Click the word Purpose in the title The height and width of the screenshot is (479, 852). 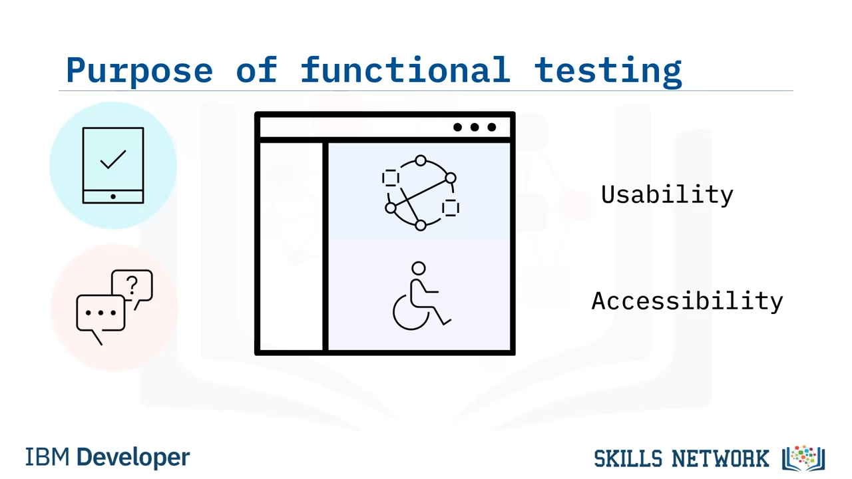coord(139,71)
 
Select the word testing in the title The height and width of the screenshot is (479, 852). coord(608,71)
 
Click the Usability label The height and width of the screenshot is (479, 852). coord(667,196)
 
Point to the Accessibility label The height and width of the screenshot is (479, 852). coord(688,301)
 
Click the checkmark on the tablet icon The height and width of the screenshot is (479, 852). coord(113,159)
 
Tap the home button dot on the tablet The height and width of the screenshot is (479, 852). coord(113,196)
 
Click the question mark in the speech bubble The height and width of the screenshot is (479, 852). coord(132,286)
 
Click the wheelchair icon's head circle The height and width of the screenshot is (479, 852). coord(419,268)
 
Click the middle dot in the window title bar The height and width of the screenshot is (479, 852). coord(475,127)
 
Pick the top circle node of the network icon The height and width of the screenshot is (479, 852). coord(421,160)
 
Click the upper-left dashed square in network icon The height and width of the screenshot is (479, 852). coord(391,178)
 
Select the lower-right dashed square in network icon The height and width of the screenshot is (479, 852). coord(451,208)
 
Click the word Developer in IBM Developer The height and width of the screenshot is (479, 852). coord(133,457)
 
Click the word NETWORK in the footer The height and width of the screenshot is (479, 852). coord(720,458)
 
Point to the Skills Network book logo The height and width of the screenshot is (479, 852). coord(803,458)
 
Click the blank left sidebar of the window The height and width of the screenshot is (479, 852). coord(292,246)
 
